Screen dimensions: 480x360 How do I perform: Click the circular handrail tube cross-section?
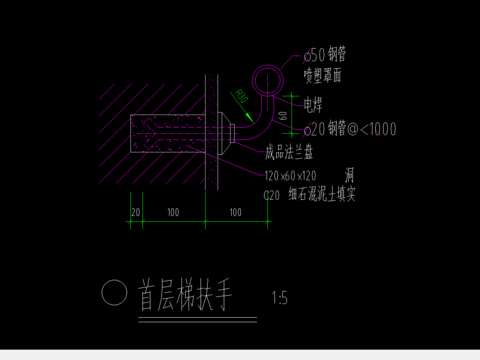(267, 78)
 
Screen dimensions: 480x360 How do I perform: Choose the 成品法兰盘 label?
(291, 154)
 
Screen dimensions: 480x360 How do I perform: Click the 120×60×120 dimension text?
(291, 176)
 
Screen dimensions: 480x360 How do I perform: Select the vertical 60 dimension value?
(284, 116)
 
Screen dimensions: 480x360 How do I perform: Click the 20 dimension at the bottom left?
(136, 213)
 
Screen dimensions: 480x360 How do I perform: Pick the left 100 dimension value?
(173, 213)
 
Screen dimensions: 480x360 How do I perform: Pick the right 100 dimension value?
(236, 213)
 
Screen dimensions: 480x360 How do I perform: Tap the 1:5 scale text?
(279, 298)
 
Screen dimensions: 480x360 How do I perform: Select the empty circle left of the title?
(115, 292)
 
